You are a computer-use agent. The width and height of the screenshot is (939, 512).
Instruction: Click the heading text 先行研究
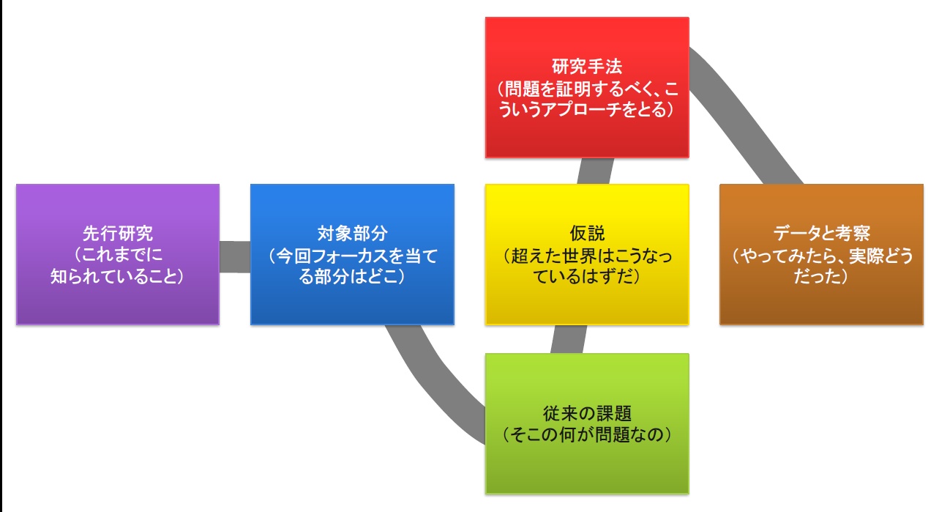coord(117,234)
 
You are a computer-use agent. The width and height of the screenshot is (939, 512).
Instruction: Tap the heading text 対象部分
coord(352,234)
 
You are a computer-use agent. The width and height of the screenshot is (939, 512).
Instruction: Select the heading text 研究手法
coord(587,67)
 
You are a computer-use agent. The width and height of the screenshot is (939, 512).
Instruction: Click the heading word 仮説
coord(587,234)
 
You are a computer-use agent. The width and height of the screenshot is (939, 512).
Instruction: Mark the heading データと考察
coord(821,234)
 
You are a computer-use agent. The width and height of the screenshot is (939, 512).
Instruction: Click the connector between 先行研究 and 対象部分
coord(235,257)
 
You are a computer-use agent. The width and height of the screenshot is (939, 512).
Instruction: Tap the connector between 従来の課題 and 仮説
coord(568,339)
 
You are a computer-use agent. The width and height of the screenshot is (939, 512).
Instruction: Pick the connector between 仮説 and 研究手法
coord(595,171)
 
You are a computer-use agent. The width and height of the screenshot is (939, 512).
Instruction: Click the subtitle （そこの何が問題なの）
coord(587,434)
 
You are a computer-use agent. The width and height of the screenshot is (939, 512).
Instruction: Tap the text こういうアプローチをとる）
coord(587,110)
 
